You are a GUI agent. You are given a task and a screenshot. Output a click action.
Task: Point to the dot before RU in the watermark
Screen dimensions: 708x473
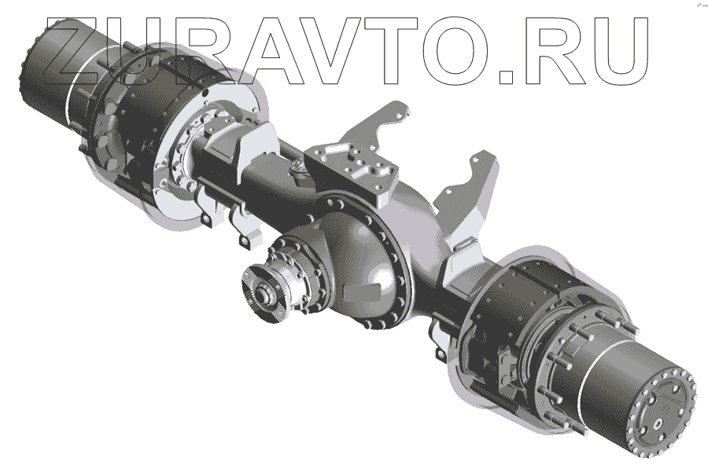click(507, 77)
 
